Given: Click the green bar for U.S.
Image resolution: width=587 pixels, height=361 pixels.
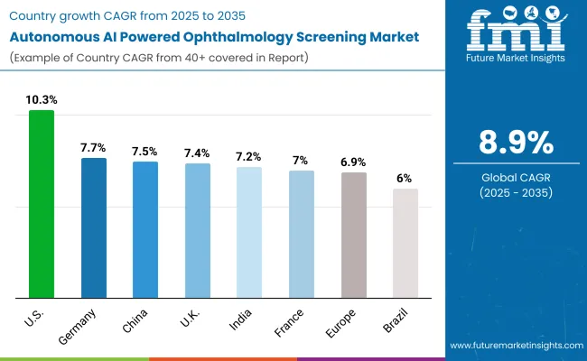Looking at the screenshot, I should click(x=42, y=204).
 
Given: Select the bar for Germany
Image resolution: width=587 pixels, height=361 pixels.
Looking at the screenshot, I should click(x=94, y=227).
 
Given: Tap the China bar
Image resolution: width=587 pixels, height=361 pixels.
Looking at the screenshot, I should click(x=145, y=229).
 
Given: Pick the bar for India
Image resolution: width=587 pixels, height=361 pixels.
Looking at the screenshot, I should click(x=249, y=232).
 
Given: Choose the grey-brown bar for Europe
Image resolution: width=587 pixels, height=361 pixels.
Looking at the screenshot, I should click(x=354, y=235).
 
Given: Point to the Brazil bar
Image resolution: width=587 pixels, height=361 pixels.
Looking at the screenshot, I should click(x=405, y=243).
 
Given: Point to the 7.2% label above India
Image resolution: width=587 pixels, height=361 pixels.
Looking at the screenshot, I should click(x=249, y=154).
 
